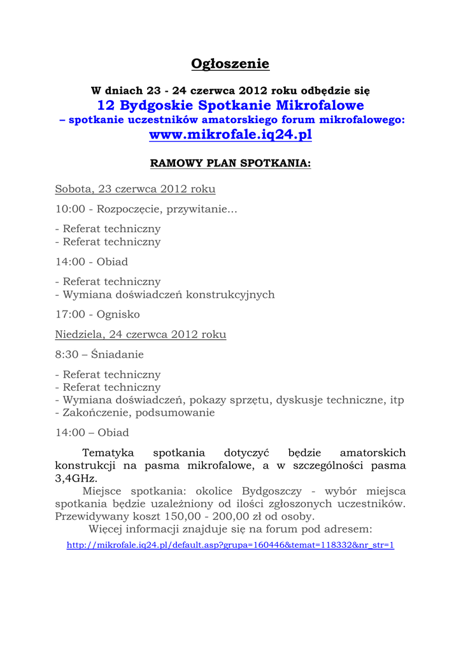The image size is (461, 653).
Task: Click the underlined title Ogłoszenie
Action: click(x=230, y=64)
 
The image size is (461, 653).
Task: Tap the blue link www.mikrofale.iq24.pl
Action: click(x=230, y=135)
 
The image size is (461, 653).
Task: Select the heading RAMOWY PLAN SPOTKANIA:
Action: click(x=230, y=163)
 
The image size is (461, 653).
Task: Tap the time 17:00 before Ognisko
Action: click(x=69, y=314)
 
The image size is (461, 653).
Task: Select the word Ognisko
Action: click(x=118, y=314)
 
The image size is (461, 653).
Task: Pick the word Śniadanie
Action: click(x=117, y=354)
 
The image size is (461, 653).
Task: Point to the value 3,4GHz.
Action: click(x=76, y=478)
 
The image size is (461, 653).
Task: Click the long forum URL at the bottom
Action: click(x=230, y=545)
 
